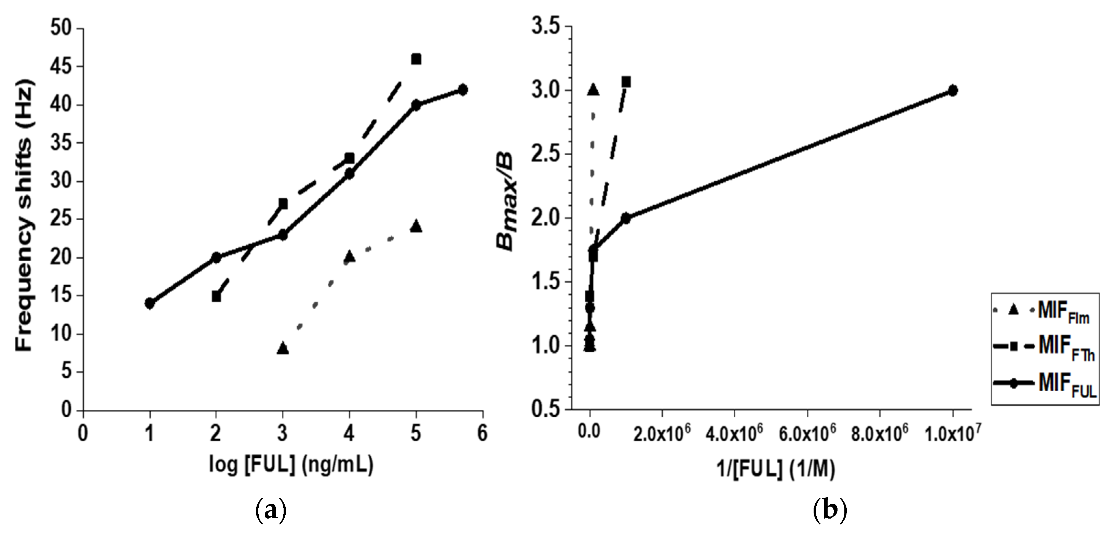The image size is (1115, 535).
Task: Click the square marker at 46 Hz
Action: click(x=416, y=59)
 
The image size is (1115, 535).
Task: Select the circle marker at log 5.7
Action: click(x=463, y=90)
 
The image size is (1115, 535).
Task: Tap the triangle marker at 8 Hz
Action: click(x=283, y=348)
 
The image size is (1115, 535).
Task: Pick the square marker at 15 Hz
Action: click(x=216, y=296)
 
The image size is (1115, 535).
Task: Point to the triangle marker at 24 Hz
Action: click(x=416, y=226)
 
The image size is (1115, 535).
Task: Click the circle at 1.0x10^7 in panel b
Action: click(x=953, y=90)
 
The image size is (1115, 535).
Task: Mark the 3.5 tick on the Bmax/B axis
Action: click(x=547, y=27)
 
